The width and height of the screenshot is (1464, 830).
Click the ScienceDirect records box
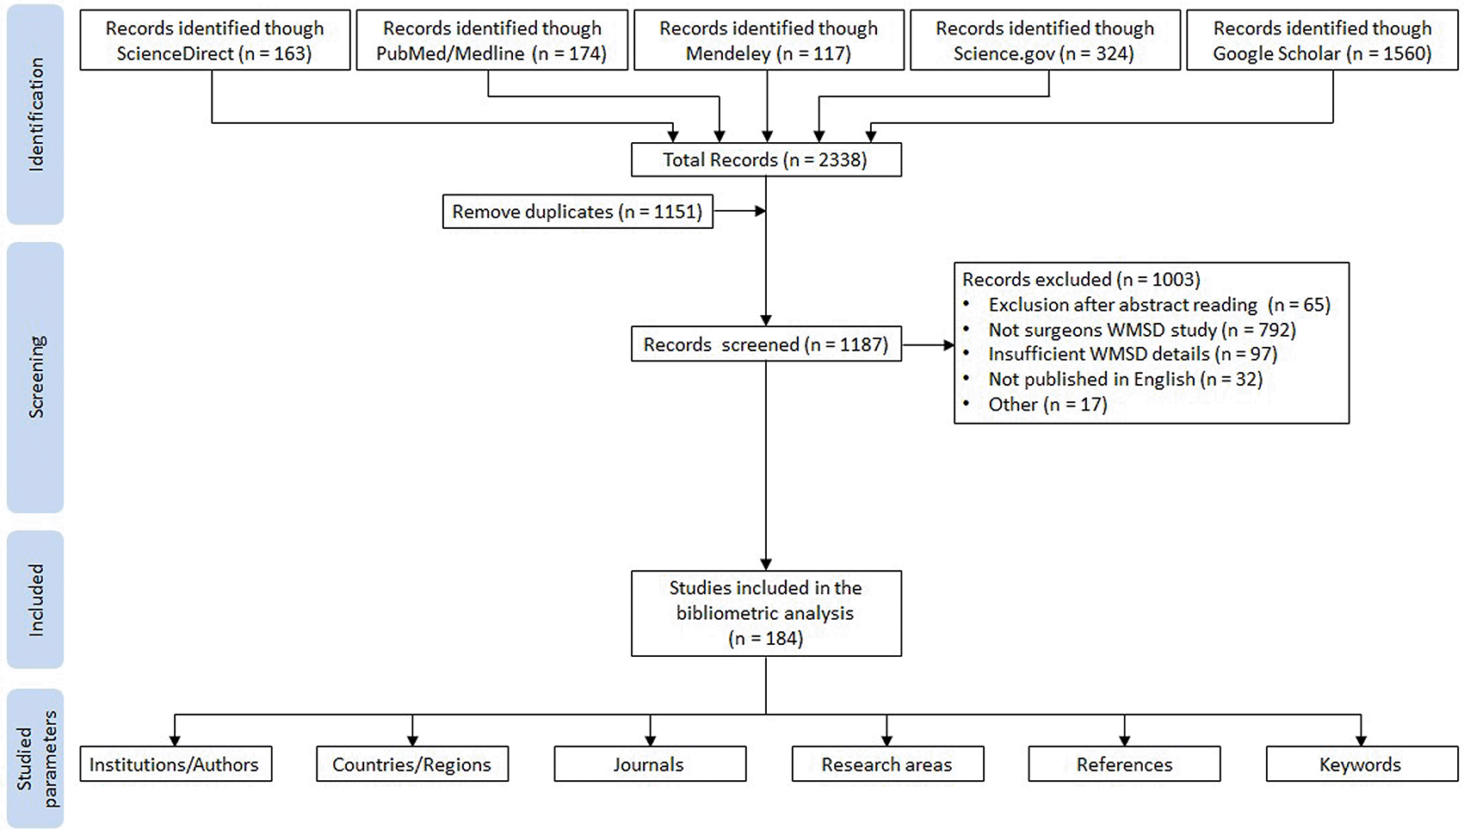(x=215, y=40)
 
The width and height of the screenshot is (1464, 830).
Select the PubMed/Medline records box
(x=491, y=40)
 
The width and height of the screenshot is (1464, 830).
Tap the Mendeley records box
(x=769, y=40)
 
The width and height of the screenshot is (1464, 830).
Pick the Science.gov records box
(x=1045, y=40)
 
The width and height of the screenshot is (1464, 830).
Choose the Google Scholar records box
(x=1322, y=40)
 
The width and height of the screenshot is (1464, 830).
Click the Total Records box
(x=766, y=159)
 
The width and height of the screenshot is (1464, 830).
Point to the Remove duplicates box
(x=578, y=211)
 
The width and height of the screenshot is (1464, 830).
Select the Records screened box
(x=766, y=344)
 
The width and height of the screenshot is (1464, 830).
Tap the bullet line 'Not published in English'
(x=1112, y=380)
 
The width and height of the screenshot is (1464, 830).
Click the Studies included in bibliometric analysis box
(x=766, y=614)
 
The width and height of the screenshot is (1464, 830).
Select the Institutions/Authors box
(x=176, y=764)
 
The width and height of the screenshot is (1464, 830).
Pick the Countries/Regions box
(x=412, y=764)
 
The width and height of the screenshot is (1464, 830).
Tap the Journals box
(x=650, y=764)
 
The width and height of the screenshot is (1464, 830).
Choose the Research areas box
(x=887, y=764)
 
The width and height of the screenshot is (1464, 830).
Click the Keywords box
(x=1362, y=764)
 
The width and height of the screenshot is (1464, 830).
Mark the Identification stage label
(x=36, y=115)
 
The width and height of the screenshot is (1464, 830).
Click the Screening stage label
(x=36, y=377)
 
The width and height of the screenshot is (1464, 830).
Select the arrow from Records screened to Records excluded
(x=928, y=344)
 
